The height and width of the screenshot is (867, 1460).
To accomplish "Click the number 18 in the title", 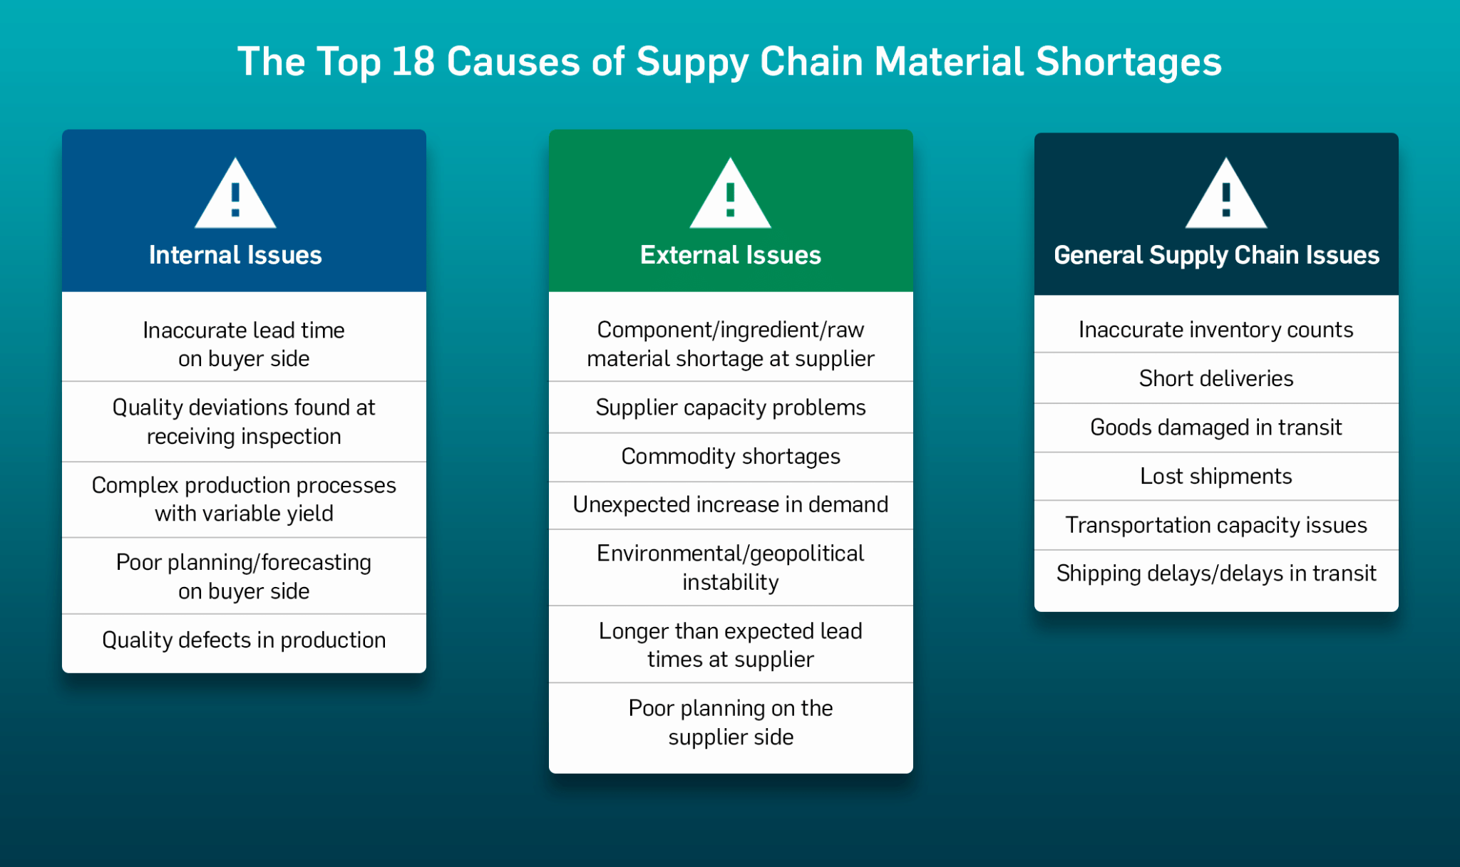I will tap(413, 62).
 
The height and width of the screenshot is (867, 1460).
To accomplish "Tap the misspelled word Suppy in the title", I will tap(692, 62).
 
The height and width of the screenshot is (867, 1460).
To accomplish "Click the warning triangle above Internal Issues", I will tap(235, 197).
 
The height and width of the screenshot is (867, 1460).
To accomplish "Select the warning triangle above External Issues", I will tap(730, 197).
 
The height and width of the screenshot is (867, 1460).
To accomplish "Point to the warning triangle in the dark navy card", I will tap(1225, 197).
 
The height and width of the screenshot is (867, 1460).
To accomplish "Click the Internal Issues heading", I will tap(235, 255).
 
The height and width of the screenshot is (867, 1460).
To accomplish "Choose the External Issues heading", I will tap(730, 255).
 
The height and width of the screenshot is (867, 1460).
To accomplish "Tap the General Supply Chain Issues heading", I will tap(1216, 255).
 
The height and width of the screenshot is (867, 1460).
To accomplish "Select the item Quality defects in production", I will tap(244, 640).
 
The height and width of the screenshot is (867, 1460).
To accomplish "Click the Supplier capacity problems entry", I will tap(731, 407).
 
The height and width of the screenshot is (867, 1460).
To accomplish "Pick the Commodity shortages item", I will tap(731, 456).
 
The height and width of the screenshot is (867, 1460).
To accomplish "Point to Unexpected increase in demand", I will tap(731, 504).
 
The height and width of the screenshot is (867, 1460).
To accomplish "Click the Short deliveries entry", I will tap(1216, 378).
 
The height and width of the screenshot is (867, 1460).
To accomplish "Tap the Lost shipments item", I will tap(1216, 476).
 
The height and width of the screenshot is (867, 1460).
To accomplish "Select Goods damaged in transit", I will tap(1216, 427).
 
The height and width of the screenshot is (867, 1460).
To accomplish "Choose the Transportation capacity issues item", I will tap(1216, 525).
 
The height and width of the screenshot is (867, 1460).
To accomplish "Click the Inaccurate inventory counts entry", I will tap(1216, 330).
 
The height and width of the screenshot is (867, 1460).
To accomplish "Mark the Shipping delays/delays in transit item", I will tap(1216, 573).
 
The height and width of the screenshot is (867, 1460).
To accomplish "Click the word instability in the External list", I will tap(731, 583).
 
